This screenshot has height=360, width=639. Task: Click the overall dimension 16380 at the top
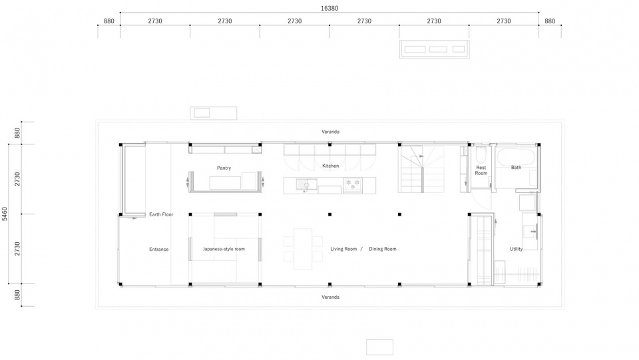click(329, 8)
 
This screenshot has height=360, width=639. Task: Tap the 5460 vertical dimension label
click(5, 214)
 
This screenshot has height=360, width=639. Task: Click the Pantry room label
click(224, 168)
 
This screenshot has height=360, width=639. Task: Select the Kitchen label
click(331, 166)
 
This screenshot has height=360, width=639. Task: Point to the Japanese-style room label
click(224, 249)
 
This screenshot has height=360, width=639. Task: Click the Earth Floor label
click(161, 214)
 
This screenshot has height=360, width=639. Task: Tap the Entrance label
click(158, 250)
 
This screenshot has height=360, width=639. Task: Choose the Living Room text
click(343, 249)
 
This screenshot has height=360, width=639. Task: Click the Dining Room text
click(382, 249)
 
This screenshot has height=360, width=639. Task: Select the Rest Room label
click(481, 170)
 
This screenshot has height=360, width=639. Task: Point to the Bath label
click(516, 168)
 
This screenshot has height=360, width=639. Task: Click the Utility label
click(516, 249)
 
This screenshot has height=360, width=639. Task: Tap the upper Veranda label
click(330, 132)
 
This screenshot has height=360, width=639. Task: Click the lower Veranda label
click(330, 297)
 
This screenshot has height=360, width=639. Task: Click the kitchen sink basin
click(306, 184)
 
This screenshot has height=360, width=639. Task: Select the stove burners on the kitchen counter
click(353, 184)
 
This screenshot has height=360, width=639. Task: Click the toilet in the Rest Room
click(481, 155)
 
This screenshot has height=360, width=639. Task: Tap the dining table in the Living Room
click(303, 249)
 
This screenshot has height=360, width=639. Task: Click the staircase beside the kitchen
click(422, 168)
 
